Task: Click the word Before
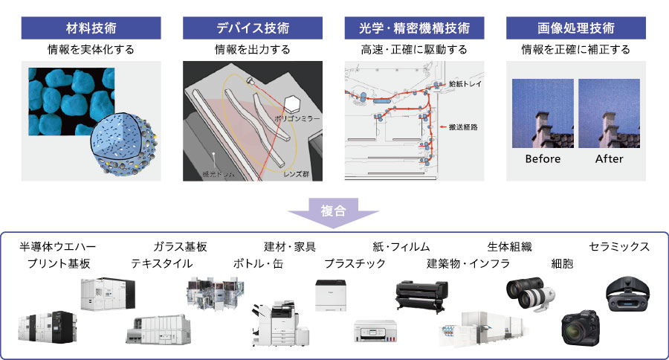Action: (x=543, y=159)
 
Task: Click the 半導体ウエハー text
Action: (x=57, y=247)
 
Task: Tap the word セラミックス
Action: (x=619, y=247)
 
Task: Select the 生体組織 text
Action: (x=509, y=247)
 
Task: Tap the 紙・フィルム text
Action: (x=401, y=247)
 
